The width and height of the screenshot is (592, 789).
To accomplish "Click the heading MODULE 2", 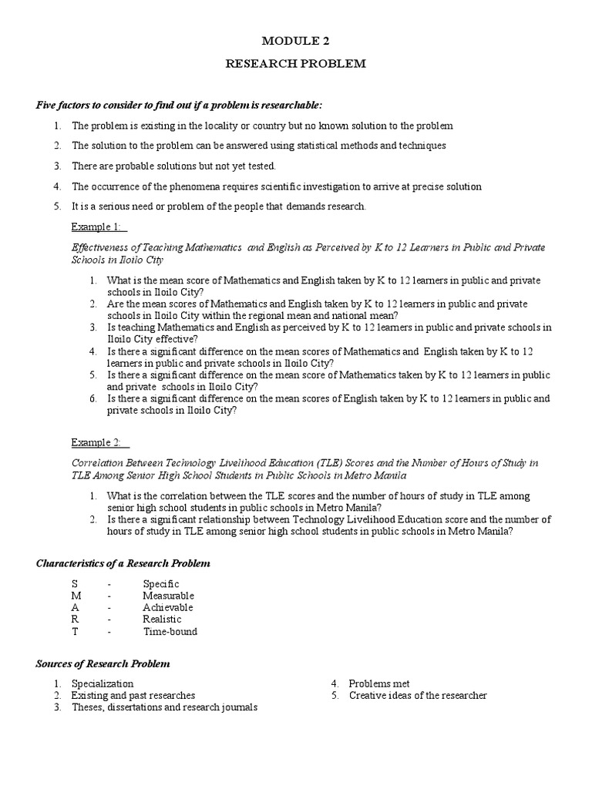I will point(295,40).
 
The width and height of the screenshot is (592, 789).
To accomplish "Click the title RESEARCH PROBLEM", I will point(295,65).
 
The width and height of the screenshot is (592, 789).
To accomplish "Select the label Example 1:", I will point(99,227).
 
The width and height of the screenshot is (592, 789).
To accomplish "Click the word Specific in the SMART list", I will point(160,584).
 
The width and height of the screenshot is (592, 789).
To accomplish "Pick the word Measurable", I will point(168,596).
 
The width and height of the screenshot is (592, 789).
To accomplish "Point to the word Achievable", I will point(167,607).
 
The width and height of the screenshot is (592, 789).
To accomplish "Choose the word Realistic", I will point(162,619).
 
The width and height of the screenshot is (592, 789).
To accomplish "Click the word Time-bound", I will point(170,631).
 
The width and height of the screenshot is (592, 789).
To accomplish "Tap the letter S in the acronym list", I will point(74,584).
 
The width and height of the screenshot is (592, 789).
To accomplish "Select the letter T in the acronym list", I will point(74,631).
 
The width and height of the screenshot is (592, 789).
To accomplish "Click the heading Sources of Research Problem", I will point(103,663).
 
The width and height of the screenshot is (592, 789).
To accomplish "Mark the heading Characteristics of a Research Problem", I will point(123,563).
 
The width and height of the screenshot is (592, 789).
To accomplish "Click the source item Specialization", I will point(103,683).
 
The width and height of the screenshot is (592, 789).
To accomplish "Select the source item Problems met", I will point(379,683).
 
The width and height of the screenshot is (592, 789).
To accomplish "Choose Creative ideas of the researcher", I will point(418,695).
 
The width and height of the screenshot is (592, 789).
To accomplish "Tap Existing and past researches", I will point(133,695).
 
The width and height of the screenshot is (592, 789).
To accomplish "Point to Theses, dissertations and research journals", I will point(164,707).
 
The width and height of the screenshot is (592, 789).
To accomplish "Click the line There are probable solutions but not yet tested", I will point(173,166).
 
